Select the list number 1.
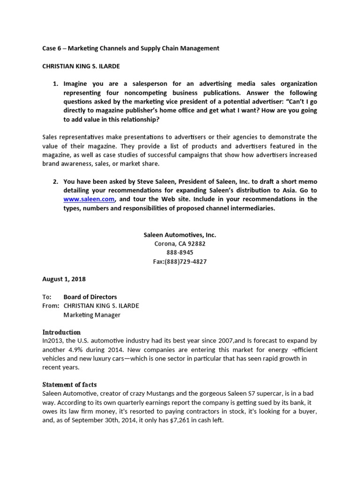55,84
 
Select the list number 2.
55,181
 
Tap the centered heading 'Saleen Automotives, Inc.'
180,235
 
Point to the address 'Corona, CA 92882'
180,244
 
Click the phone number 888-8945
180,253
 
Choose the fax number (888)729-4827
180,262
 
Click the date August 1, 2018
64,279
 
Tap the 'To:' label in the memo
47,297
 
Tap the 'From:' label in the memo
51,306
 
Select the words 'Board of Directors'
90,297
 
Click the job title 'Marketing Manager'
92,315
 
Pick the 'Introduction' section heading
61,332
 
